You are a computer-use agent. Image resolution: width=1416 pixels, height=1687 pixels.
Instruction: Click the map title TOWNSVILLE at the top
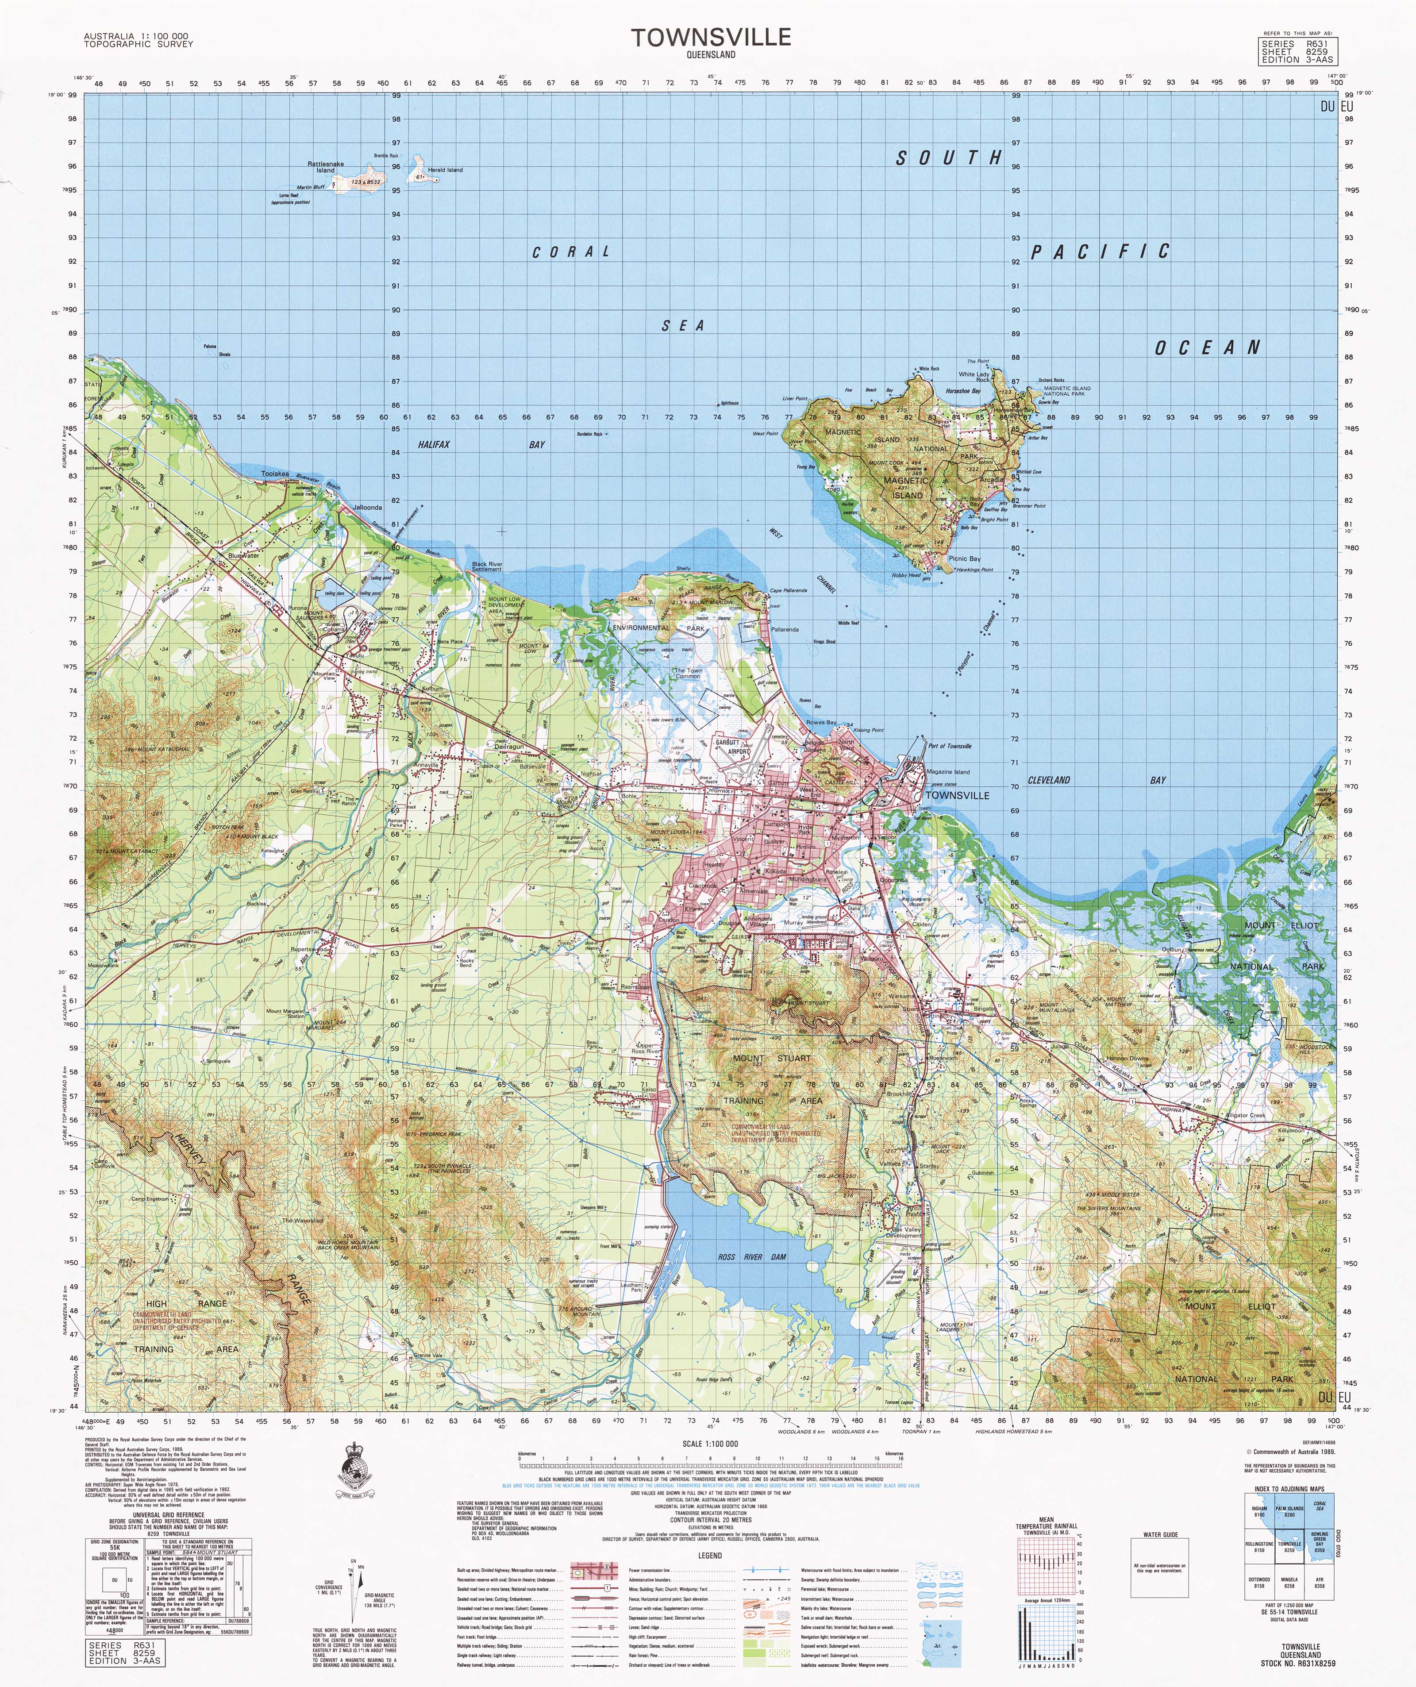(710, 37)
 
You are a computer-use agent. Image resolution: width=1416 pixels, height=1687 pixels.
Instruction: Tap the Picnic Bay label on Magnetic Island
(964, 558)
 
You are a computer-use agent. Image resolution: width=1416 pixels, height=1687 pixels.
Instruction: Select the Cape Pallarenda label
(788, 590)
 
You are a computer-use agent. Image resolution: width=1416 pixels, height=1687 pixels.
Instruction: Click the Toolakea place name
(275, 474)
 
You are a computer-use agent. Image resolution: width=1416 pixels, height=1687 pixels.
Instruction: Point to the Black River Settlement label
(487, 566)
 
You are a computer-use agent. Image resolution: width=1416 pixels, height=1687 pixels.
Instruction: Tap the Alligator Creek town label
(1244, 1116)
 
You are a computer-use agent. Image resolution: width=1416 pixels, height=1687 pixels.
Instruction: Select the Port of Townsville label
(949, 746)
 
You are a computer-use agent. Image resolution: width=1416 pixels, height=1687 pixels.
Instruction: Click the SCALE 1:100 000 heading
(710, 1444)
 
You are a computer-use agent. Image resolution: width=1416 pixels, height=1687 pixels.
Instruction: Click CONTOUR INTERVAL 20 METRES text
(710, 1520)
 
